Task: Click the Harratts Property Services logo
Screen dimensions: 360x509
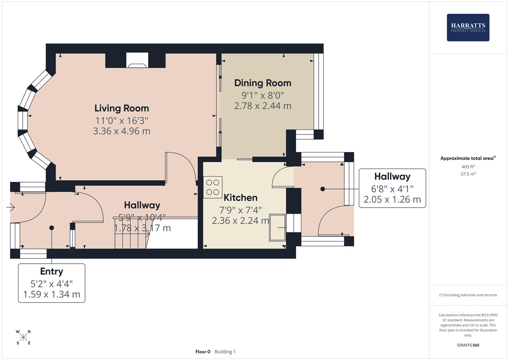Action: point(468,27)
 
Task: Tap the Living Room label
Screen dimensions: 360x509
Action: point(122,108)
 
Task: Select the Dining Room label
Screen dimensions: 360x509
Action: point(263,83)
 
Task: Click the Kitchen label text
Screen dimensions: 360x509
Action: point(240,198)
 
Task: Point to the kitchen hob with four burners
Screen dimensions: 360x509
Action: point(213,187)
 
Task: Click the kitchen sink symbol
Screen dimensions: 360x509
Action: point(278,228)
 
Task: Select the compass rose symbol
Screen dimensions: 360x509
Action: point(23,337)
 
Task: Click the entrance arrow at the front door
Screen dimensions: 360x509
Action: point(11,208)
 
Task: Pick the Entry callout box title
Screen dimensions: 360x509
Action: point(52,271)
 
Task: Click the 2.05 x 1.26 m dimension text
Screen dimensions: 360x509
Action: point(392,199)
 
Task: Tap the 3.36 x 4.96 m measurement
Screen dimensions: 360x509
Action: point(122,131)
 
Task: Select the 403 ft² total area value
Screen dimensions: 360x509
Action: point(468,167)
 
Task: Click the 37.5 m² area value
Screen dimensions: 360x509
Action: point(468,174)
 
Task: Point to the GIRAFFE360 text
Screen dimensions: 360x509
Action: point(468,345)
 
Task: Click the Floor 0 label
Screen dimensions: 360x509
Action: point(203,352)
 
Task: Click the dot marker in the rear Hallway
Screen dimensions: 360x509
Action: point(322,189)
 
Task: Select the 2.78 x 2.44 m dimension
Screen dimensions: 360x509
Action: point(263,106)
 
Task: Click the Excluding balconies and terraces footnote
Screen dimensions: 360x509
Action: point(468,295)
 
